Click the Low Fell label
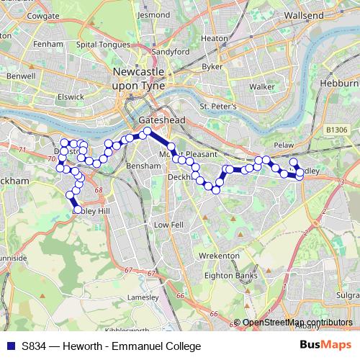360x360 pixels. [x=168, y=225]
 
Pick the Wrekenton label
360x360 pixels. [x=220, y=256]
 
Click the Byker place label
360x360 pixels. [x=213, y=66]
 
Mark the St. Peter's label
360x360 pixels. [x=218, y=107]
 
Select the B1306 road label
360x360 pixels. [x=336, y=129]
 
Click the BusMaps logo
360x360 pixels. [x=325, y=346]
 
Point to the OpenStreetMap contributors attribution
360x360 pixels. [x=297, y=322]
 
